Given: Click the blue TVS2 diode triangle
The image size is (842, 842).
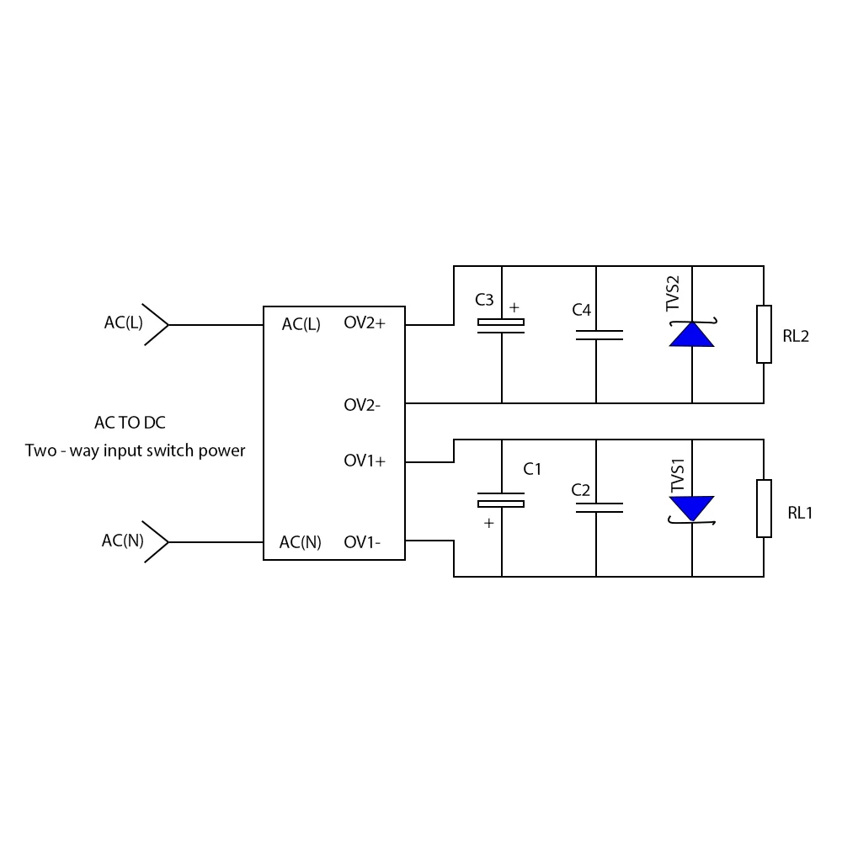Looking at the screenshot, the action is [691, 334].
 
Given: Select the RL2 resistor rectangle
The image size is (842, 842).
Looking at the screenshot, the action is [764, 334].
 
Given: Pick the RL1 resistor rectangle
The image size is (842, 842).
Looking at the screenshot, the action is [764, 509].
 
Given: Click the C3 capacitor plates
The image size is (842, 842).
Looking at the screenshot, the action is [501, 326].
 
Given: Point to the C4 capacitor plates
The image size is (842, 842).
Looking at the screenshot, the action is [599, 335].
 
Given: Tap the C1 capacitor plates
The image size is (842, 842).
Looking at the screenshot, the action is [501, 500].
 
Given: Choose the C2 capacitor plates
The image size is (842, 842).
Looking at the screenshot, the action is [599, 508].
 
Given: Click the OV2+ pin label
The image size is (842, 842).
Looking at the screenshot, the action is [365, 322].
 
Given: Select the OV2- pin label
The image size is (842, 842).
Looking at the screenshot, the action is [362, 405].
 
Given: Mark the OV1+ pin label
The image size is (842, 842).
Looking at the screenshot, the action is [365, 461].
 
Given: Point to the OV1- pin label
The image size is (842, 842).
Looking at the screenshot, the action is [362, 542].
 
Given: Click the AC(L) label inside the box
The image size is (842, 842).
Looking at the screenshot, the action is [301, 324].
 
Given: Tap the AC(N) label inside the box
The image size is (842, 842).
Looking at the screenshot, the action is [301, 542].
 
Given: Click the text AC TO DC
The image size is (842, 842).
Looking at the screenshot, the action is [130, 423].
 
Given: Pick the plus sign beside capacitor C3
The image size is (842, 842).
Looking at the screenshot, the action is [514, 307].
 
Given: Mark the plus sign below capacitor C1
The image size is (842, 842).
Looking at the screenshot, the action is [488, 523].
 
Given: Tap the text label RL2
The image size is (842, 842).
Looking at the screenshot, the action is [796, 336].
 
